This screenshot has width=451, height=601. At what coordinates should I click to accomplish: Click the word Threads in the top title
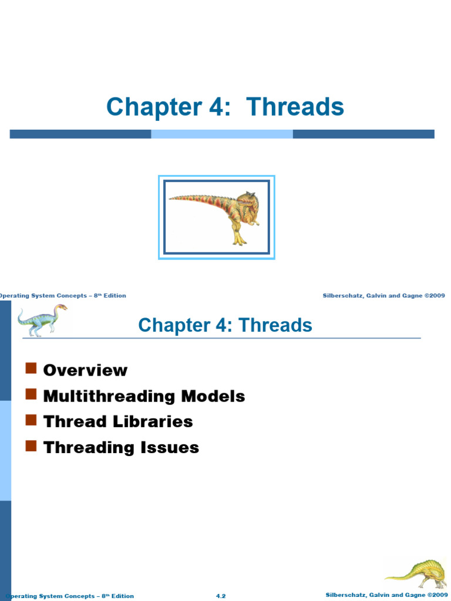[x=295, y=107]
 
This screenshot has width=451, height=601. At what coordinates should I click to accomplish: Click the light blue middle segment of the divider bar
[x=222, y=134]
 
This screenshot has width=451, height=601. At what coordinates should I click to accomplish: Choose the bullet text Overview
[x=85, y=370]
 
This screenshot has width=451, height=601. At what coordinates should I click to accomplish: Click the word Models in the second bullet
[x=213, y=396]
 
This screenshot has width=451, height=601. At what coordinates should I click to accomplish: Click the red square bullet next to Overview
[x=31, y=369]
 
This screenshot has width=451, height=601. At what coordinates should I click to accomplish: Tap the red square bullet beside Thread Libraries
[x=31, y=420]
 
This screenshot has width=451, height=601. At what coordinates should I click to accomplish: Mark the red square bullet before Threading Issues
[x=31, y=446]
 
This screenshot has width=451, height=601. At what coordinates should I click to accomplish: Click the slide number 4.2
[x=221, y=596]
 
